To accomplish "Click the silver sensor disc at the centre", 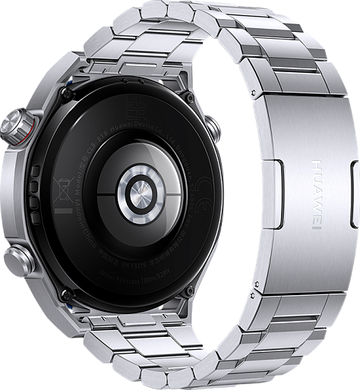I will click(x=143, y=193).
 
